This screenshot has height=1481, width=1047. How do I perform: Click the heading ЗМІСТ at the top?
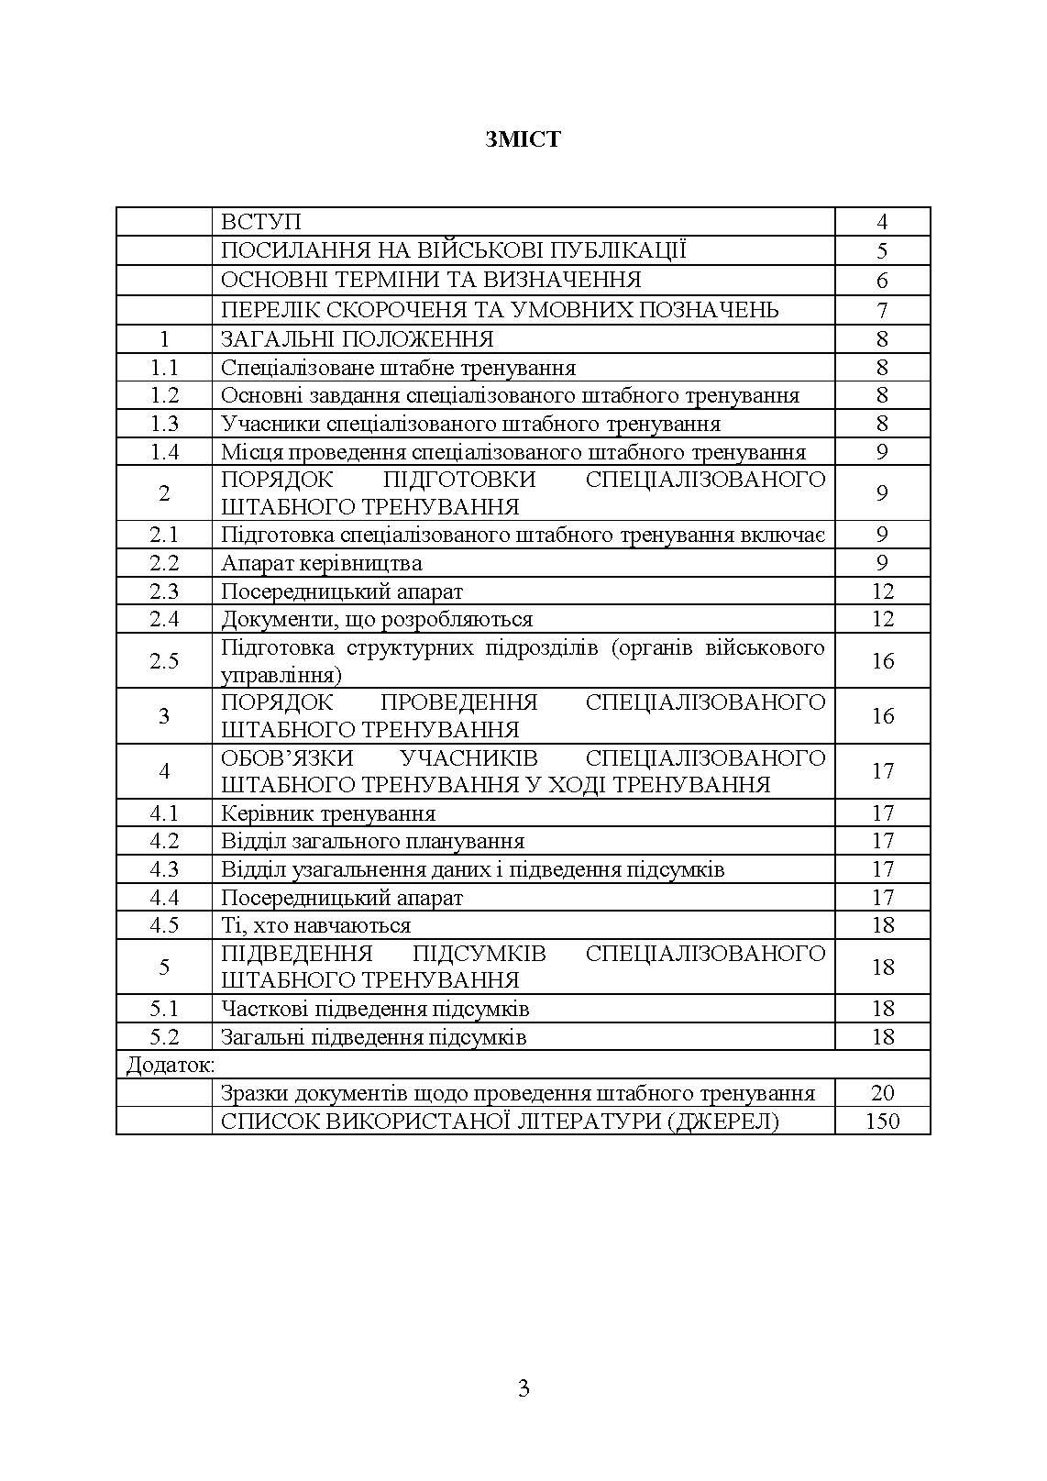coord(523,139)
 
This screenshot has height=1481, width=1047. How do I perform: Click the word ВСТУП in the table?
coord(261,222)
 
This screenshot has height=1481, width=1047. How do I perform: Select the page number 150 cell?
coord(882,1121)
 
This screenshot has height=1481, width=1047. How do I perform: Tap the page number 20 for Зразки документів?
coord(882,1093)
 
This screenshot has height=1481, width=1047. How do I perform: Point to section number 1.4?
coord(164,451)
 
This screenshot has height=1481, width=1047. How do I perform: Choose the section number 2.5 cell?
coord(164,661)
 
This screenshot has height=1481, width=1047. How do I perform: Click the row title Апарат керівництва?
coord(322,563)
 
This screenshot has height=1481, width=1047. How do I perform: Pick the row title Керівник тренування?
coord(328,813)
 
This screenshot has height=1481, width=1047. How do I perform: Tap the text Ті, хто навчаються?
coord(316,925)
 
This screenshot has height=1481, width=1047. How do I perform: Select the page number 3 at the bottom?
coord(523,1388)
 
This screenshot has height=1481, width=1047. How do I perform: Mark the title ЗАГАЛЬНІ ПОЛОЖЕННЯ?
coord(358,339)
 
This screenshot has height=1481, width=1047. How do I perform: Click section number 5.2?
coord(164,1037)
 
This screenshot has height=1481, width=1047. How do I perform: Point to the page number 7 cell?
coord(882,310)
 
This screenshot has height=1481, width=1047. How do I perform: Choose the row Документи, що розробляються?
coord(377,619)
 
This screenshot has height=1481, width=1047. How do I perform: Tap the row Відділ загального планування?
coord(373,841)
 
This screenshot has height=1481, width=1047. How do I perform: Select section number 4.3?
coord(164,869)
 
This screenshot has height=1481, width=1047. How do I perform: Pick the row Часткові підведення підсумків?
coord(376,1009)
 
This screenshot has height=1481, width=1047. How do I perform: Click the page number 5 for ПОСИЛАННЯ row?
coord(882,251)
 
